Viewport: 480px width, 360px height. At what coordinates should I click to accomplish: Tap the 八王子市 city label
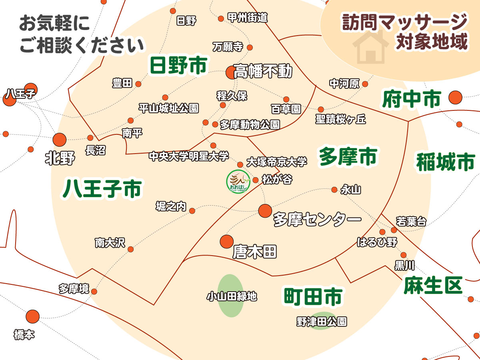click(102, 189)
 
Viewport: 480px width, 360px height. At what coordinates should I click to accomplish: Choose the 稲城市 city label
click(445, 162)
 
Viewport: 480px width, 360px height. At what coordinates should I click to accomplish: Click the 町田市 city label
click(313, 296)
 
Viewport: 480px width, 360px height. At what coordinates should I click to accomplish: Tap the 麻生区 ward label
click(433, 285)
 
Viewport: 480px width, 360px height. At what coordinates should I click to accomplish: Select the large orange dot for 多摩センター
click(265, 211)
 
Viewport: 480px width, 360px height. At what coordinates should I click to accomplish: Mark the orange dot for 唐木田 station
click(227, 241)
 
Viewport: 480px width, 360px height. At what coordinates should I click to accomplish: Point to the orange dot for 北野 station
click(60, 140)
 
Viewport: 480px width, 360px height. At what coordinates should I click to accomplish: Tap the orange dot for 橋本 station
click(33, 316)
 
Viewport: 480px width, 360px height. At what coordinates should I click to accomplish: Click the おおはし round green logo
click(238, 182)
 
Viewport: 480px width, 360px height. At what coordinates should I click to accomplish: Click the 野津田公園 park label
click(322, 321)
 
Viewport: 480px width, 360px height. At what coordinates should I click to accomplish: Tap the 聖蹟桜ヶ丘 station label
click(341, 119)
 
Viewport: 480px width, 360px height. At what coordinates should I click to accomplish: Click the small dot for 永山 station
click(334, 190)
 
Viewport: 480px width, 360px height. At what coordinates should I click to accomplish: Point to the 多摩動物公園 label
click(250, 124)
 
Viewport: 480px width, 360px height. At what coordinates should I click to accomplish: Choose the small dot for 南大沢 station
click(131, 250)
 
